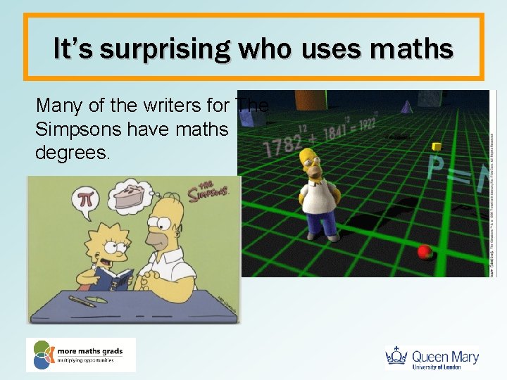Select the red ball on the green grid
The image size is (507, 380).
425,251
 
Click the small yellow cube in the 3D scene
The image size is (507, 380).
436,146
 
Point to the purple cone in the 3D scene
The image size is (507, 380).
406,106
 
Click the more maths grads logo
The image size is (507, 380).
80,355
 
